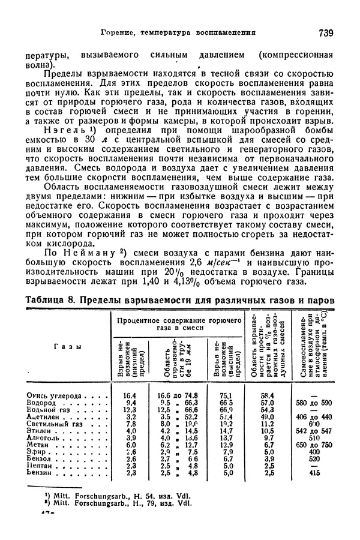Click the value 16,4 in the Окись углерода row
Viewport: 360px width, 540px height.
129,395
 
